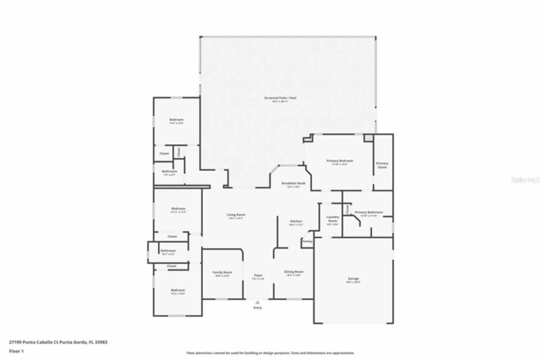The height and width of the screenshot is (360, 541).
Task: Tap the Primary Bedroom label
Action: (x=339, y=161)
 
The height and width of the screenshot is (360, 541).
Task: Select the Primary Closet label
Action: (x=382, y=165)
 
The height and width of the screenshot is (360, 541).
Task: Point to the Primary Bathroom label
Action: (x=369, y=212)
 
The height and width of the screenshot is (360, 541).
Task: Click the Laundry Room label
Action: (x=333, y=219)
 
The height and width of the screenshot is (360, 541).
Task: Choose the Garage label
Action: (x=353, y=278)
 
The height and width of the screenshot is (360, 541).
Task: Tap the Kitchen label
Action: (x=296, y=221)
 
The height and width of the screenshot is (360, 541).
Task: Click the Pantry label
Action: (x=307, y=241)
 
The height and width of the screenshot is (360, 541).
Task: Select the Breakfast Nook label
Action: (x=293, y=183)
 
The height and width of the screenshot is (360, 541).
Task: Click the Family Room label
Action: (x=222, y=272)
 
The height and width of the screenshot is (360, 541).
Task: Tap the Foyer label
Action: (x=258, y=275)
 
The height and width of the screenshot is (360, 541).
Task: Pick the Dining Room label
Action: (x=294, y=272)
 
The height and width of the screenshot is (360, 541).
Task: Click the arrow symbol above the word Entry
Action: (x=257, y=302)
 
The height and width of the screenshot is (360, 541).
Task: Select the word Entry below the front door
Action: (x=257, y=308)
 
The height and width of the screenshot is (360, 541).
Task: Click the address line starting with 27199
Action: (x=58, y=342)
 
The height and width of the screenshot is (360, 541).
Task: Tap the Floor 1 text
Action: (x=16, y=351)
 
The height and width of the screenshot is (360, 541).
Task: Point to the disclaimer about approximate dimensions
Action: (x=270, y=353)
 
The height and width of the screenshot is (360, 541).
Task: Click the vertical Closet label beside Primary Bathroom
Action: (x=347, y=209)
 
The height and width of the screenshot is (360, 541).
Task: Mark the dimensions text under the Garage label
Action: (x=353, y=282)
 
